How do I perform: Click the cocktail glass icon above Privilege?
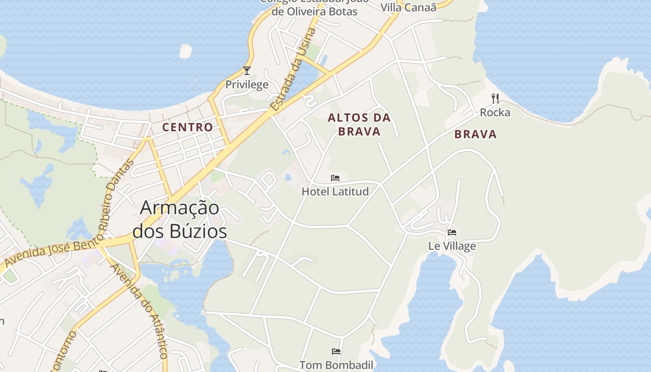click(247, 71)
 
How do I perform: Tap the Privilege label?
click(247, 84)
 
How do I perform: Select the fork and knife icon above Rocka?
click(495, 99)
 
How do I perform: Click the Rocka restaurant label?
click(495, 113)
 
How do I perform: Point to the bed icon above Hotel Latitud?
click(335, 178)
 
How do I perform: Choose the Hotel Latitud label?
click(335, 191)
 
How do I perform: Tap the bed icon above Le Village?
click(452, 232)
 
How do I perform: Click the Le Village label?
click(452, 246)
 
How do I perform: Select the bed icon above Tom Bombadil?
click(336, 351)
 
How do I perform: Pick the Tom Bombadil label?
click(336, 365)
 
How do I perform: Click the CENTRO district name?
click(187, 127)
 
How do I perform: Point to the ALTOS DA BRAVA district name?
click(359, 125)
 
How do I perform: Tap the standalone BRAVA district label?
click(476, 134)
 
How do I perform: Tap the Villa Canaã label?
click(409, 7)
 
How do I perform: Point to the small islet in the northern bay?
click(186, 51)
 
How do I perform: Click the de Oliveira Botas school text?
click(314, 11)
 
